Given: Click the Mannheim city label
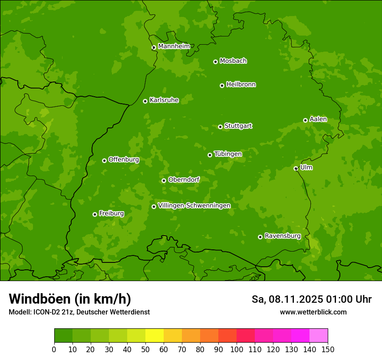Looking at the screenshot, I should pyautogui.click(x=174, y=46).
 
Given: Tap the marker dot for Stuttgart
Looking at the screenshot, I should pyautogui.click(x=220, y=127).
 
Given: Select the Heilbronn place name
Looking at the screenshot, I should pyautogui.click(x=241, y=84).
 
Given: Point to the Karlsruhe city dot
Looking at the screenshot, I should pyautogui.click(x=145, y=101).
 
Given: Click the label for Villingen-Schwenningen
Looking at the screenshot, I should pyautogui.click(x=194, y=205).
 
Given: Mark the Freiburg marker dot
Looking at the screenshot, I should pyautogui.click(x=95, y=214).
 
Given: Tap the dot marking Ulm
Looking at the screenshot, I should pyautogui.click(x=296, y=168).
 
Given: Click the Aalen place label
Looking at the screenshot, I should pyautogui.click(x=318, y=119).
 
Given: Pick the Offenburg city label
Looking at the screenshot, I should pyautogui.click(x=124, y=159).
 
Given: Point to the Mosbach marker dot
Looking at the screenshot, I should pyautogui.click(x=215, y=62).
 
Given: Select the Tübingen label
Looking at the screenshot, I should pyautogui.click(x=228, y=154).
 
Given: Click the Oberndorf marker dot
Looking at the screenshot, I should pyautogui.click(x=164, y=180).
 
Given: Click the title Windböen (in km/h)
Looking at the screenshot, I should pyautogui.click(x=70, y=299).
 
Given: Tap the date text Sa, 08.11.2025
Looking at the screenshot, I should pyautogui.click(x=286, y=299).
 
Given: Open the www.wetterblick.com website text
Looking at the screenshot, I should pyautogui.click(x=313, y=312).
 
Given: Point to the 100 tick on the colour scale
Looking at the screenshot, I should pyautogui.click(x=237, y=349).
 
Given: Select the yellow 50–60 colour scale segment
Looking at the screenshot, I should pyautogui.click(x=155, y=336).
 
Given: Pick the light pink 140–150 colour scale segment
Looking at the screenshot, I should pyautogui.click(x=319, y=336).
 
